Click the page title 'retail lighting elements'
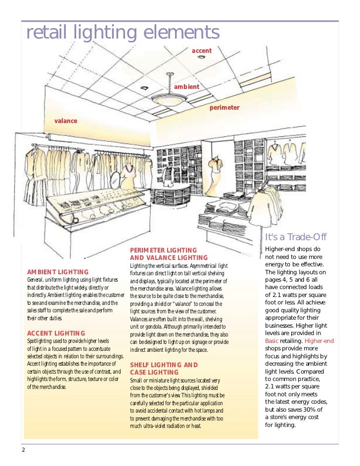coord(122,33)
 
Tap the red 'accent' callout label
coord(202,51)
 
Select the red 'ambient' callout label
coord(186,86)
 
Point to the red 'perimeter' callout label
coord(225,107)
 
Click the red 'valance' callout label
coord(66,121)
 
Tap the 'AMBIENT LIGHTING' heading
coord(58,272)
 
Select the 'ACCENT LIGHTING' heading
coord(56,334)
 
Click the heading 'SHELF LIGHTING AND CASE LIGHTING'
coord(164,369)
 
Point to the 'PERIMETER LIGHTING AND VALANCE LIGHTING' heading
coord(169,254)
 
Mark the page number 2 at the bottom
coord(23,450)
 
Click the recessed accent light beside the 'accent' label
coord(202,58)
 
